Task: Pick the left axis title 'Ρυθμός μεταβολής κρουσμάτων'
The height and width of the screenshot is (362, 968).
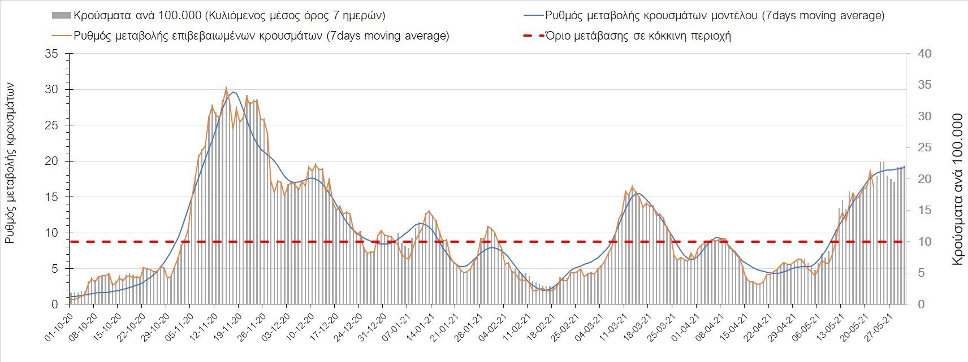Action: click(x=10, y=164)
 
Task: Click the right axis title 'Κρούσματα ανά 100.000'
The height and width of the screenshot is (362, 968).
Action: click(x=957, y=189)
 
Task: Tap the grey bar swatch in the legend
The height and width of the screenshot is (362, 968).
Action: click(x=61, y=15)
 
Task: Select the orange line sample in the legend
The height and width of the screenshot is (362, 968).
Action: click(x=61, y=36)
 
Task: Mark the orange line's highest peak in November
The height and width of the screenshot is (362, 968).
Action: click(x=226, y=87)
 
